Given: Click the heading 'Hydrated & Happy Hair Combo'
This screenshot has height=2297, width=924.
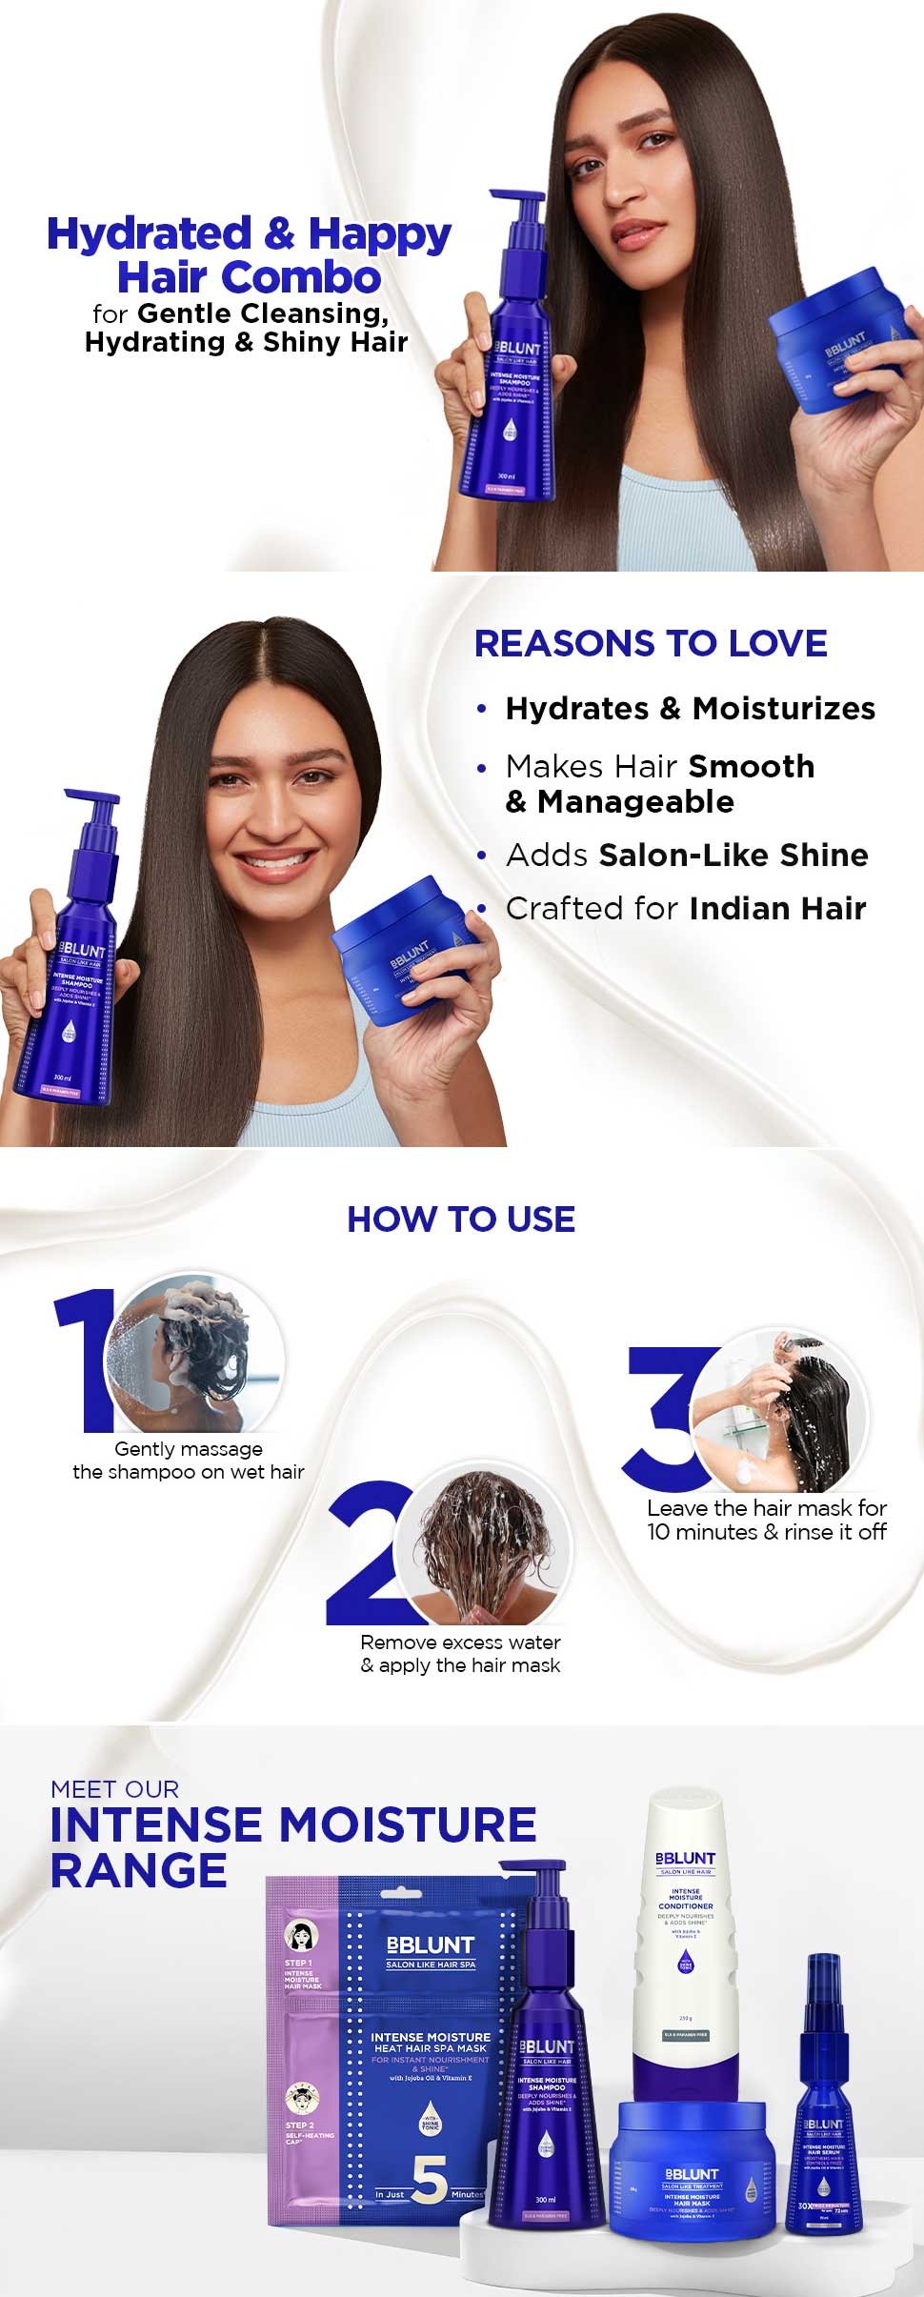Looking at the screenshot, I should coord(249,255).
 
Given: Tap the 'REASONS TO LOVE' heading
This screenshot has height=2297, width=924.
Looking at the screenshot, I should coord(651,644).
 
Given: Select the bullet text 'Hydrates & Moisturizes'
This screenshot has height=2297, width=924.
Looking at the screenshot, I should coord(690,709).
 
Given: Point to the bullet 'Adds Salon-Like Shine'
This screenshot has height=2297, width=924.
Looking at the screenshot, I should coord(686,856).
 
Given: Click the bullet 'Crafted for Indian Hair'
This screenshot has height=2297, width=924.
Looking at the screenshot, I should coord(685,909).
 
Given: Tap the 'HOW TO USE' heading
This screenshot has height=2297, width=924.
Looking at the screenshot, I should coord(461,1219).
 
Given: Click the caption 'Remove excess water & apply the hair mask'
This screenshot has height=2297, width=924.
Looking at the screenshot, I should coord(461,1654).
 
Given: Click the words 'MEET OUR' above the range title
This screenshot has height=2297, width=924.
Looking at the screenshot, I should coord(114,1789).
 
